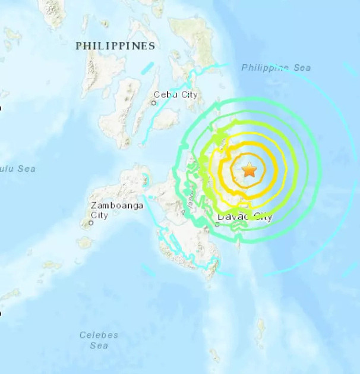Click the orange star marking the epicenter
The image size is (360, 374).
[249, 171]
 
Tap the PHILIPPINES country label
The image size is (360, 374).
[115, 46]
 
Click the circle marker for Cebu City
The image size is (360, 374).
[153, 103]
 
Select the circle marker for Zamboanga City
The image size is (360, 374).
[91, 224]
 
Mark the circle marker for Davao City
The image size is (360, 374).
[217, 224]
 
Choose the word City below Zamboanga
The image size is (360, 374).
[99, 215]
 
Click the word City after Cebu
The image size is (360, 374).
[188, 94]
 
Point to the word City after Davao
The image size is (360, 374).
[263, 217]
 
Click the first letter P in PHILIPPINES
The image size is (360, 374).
[78, 46]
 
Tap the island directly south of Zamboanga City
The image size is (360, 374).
[87, 243]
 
